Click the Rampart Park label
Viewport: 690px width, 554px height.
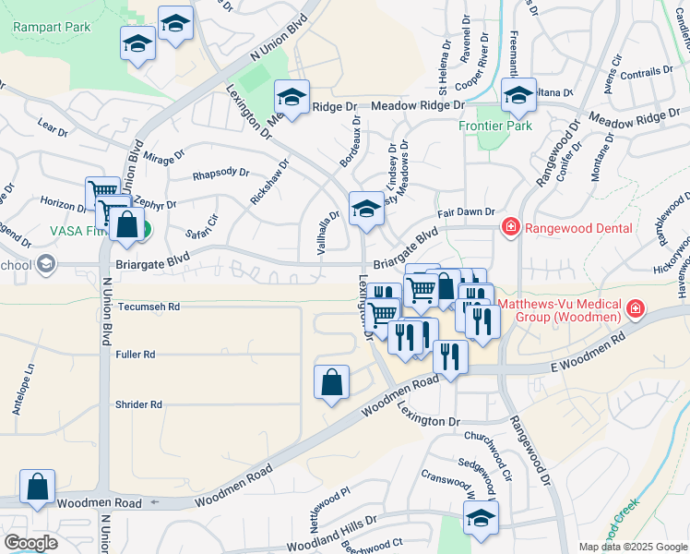(52, 27)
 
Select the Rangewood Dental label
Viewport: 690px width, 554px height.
(579, 228)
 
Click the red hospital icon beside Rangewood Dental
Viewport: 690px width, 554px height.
(508, 227)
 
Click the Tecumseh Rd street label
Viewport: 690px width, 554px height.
(149, 307)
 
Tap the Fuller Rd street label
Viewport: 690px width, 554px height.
(136, 355)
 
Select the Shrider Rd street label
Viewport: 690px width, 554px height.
(138, 404)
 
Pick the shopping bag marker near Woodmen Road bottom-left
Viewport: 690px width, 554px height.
(37, 487)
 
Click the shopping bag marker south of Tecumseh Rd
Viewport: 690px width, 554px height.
(332, 382)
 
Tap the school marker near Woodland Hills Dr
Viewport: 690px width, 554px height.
(481, 518)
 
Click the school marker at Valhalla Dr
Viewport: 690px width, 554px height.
(366, 209)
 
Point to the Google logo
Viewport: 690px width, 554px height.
(30, 543)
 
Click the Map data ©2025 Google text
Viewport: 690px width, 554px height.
(632, 547)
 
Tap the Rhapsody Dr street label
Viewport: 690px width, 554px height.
(220, 174)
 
